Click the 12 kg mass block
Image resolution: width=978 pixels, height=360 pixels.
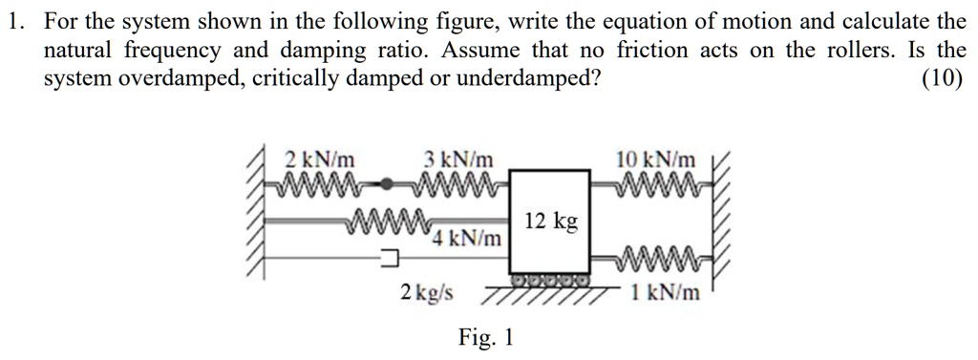tap(550, 222)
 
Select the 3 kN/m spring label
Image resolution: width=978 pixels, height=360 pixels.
tap(459, 159)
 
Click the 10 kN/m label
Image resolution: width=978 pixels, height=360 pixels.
tap(657, 158)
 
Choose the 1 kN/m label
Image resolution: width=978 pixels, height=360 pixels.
tap(667, 292)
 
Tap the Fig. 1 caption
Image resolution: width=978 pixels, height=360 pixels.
tap(486, 337)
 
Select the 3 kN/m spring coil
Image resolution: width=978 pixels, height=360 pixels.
tap(456, 180)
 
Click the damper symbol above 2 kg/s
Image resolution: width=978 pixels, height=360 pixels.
tap(390, 256)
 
